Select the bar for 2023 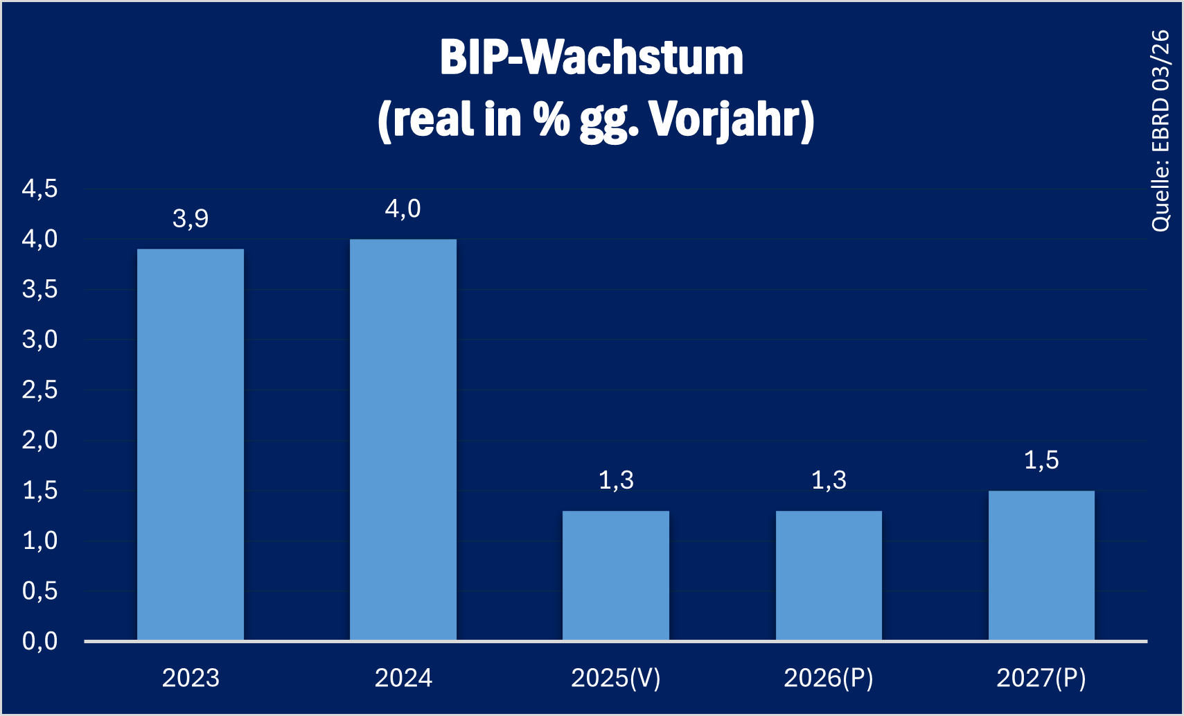click(191, 444)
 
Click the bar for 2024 click(403, 439)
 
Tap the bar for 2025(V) click(616, 575)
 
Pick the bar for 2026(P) click(829, 575)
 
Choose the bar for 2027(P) click(1041, 565)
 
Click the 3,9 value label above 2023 click(191, 219)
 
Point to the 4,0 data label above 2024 click(403, 209)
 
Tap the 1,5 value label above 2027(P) click(1041, 460)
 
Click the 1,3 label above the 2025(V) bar click(616, 480)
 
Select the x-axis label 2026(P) click(829, 678)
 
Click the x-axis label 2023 click(191, 678)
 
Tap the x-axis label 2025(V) click(616, 678)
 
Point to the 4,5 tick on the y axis click(40, 189)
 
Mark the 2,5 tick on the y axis click(40, 390)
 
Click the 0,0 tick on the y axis click(40, 642)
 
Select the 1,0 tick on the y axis click(40, 541)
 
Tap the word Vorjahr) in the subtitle click(732, 120)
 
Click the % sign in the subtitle click(551, 120)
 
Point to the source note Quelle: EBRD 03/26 click(1160, 130)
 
